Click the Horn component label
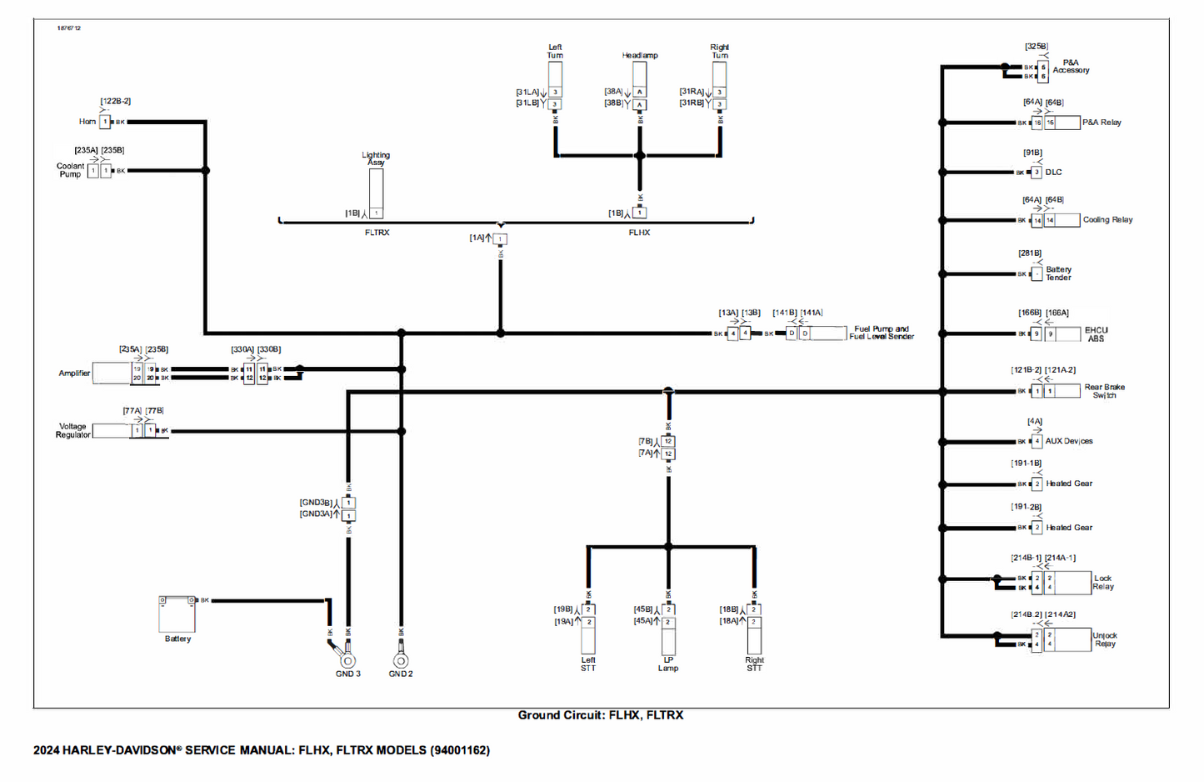pos(87,122)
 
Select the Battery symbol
pos(177,614)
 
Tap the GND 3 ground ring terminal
pos(348,661)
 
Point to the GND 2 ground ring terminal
pos(401,661)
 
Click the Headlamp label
pos(639,56)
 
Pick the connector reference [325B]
pos(1036,47)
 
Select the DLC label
pos(1053,173)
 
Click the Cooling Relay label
pos(1107,220)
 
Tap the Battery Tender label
pos(1058,273)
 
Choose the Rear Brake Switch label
pos(1104,391)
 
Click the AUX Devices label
pos(1069,441)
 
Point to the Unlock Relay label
pos(1105,639)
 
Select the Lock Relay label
pos(1102,582)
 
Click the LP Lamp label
pos(668,664)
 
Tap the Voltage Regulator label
pos(72,430)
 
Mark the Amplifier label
pos(74,373)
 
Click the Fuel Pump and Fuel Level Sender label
pos(881,333)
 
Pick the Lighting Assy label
pos(376,158)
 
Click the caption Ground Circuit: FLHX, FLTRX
pos(600,715)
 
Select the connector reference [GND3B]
pos(316,503)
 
